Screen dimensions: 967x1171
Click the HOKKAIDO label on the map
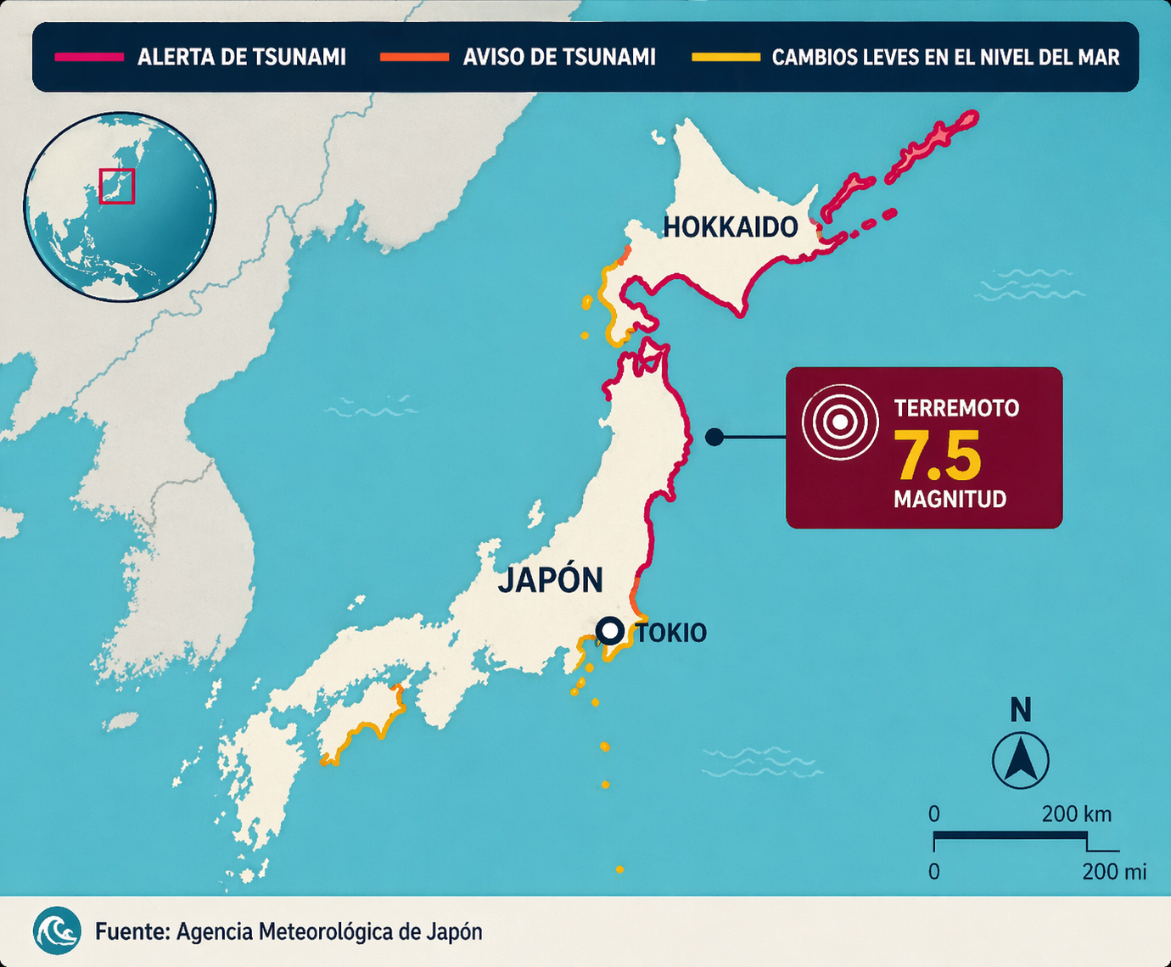[x=730, y=227]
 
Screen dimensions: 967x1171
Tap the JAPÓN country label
[x=550, y=580]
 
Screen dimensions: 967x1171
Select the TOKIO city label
[x=671, y=633]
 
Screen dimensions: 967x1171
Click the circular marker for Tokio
[x=609, y=631]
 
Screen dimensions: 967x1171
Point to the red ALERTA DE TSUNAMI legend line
[x=89, y=57]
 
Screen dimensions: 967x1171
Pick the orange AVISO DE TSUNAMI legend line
[x=414, y=57]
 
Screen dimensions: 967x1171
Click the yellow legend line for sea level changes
[x=726, y=57]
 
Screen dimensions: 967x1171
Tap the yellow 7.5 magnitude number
[x=938, y=456]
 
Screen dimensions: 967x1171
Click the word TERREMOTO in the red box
[x=956, y=408]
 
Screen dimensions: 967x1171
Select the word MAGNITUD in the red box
[x=950, y=499]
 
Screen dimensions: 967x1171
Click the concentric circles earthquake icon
[x=840, y=422]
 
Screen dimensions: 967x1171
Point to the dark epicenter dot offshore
[x=714, y=437]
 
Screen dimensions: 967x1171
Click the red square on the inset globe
[x=117, y=186]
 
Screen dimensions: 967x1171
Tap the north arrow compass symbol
[x=1021, y=759]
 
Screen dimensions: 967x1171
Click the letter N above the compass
[x=1021, y=709]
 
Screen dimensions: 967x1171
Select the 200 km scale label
[x=1076, y=814]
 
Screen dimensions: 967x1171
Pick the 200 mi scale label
[x=1113, y=871]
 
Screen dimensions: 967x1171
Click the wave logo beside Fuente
[x=57, y=931]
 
